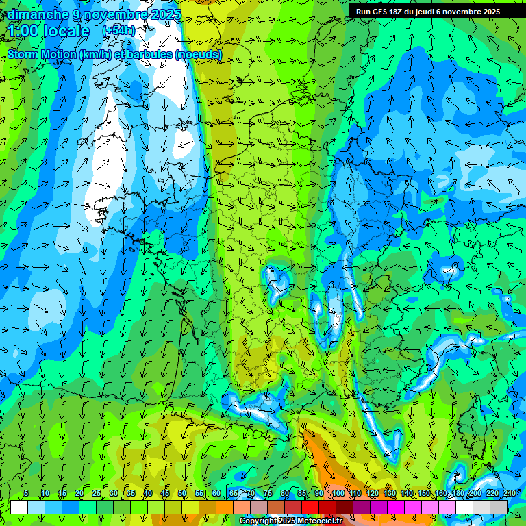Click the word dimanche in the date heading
[x=38, y=14]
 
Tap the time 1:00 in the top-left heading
[x=23, y=31]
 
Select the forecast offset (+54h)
[x=118, y=31]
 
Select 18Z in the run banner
[x=397, y=12]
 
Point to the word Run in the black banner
[x=362, y=12]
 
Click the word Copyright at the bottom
[x=258, y=521]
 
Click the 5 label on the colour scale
[x=26, y=494]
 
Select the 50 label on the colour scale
[x=182, y=494]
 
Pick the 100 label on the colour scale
[x=338, y=494]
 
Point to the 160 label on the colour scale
[x=440, y=494]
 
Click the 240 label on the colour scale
[x=509, y=494]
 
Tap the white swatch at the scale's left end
[x=19, y=507]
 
